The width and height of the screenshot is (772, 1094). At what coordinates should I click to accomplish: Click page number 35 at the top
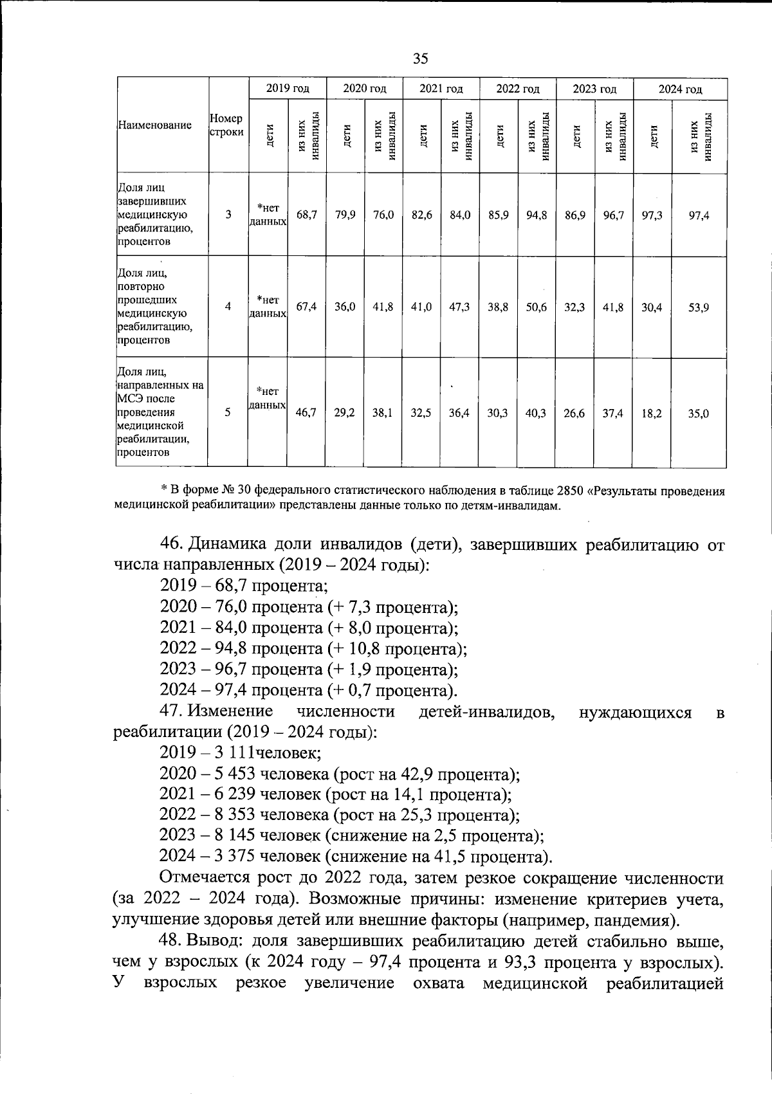coord(419,59)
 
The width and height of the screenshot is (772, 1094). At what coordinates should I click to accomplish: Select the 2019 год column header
coord(288,89)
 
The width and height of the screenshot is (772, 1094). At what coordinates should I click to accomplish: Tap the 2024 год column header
coord(679,89)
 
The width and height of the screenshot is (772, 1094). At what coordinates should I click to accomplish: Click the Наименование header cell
coord(154,125)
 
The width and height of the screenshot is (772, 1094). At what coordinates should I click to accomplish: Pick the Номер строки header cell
coord(227,125)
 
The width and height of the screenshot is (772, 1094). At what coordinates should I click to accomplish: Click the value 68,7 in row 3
coord(306,215)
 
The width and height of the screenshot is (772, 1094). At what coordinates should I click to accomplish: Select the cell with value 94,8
coord(536,215)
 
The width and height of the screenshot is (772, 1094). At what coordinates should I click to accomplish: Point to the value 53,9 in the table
coord(699,307)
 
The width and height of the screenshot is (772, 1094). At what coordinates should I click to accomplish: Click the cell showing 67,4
coord(306,307)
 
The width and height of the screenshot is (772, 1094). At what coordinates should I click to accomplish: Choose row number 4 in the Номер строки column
coord(228,307)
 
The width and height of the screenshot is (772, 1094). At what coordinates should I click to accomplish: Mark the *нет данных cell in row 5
coord(268,398)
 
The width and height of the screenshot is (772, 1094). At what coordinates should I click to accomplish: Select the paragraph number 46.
coord(172,544)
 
